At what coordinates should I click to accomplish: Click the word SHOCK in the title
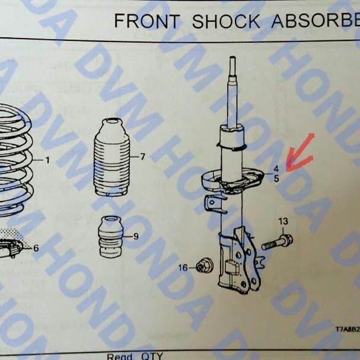(226, 21)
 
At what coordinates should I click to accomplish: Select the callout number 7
(142, 157)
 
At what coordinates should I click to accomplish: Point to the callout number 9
(136, 236)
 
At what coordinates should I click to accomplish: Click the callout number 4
(276, 168)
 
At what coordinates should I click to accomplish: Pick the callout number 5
(276, 178)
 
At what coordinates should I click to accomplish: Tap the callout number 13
(283, 221)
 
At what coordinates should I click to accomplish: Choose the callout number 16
(183, 268)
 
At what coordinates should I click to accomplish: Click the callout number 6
(36, 248)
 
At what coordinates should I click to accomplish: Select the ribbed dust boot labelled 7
(111, 159)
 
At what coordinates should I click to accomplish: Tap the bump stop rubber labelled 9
(110, 237)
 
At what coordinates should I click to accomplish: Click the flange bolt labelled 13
(278, 242)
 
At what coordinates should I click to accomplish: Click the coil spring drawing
(15, 160)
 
